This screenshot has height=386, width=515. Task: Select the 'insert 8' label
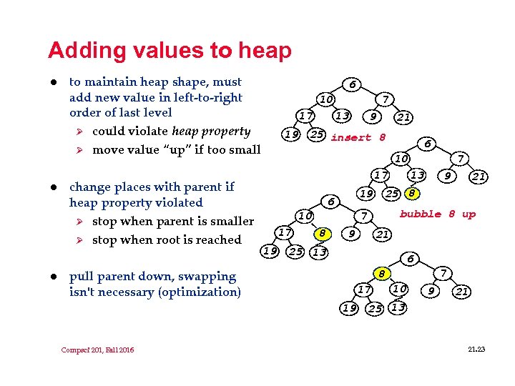point(358,137)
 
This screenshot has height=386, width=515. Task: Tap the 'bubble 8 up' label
point(437,214)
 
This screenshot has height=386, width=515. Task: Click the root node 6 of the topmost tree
point(352,84)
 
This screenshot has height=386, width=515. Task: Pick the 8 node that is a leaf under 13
point(412,193)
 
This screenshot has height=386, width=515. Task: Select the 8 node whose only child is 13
point(323,232)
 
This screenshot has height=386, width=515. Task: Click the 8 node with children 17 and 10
point(383,273)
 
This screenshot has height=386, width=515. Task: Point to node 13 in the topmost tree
point(343,116)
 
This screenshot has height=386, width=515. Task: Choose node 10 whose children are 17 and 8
point(305,215)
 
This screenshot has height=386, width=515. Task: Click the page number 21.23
point(476,349)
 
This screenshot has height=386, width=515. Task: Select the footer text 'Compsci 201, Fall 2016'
point(97,350)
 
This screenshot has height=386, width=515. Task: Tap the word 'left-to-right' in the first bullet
point(208,97)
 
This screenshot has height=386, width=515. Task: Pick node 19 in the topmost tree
point(290,134)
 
